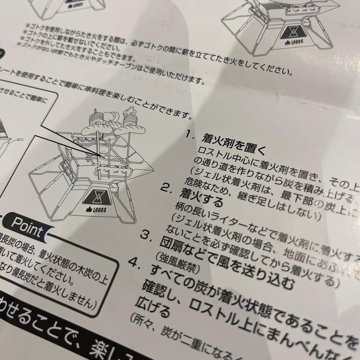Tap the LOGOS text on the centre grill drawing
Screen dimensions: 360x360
pos(98,210)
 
